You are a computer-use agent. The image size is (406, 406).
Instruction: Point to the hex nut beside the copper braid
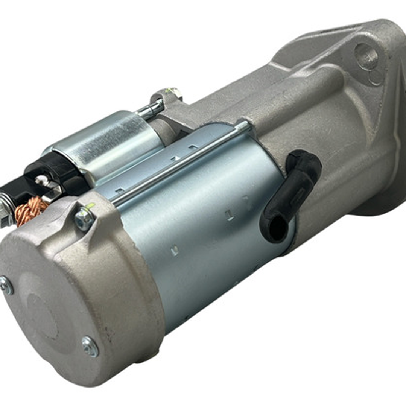(x=84, y=219)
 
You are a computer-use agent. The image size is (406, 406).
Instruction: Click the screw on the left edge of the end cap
(x=6, y=285)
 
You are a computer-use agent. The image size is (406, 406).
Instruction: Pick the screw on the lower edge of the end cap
(x=90, y=346)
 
